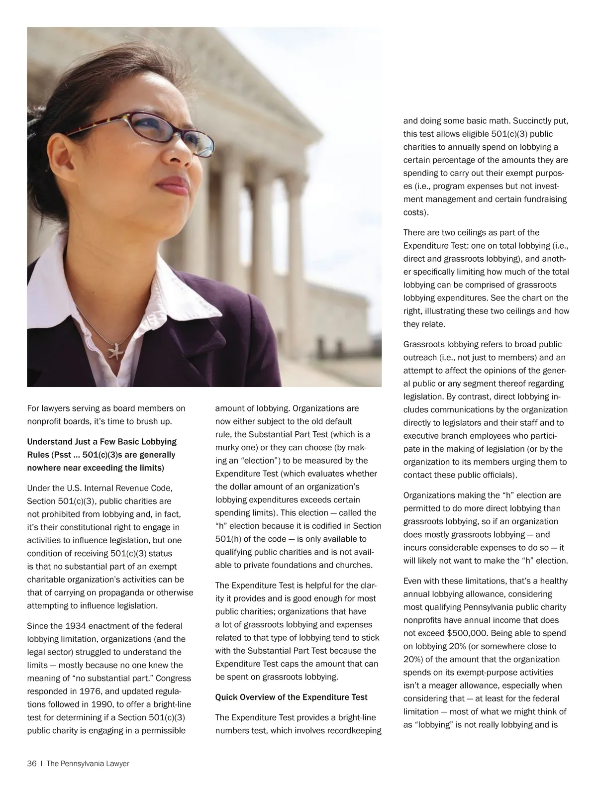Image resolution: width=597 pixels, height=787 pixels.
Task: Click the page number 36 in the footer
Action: [32, 764]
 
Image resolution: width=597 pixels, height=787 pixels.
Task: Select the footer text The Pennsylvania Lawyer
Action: [88, 764]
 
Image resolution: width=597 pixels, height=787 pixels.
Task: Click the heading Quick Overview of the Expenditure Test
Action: [291, 697]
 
